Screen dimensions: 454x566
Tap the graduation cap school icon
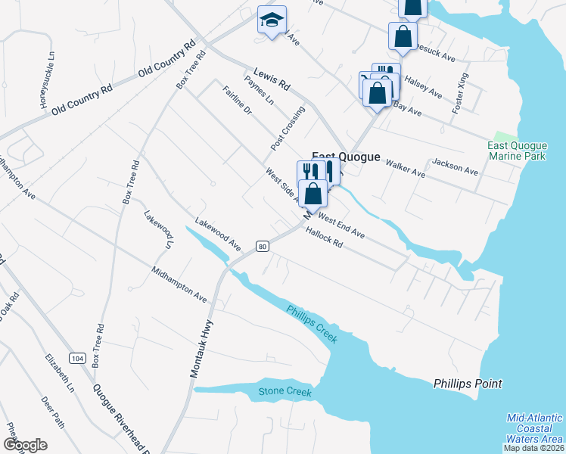coord(272,20)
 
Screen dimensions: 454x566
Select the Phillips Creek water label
coord(311,324)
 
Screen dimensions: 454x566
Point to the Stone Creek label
coord(285,391)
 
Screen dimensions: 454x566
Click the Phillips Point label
coord(468,384)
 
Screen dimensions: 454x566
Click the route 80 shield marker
coord(262,246)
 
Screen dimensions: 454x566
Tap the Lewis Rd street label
coord(272,81)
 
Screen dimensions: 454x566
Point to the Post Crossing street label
coord(288,127)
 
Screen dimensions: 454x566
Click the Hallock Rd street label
coord(325,239)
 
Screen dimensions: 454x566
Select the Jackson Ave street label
coord(455,166)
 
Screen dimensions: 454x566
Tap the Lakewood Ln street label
coord(158,229)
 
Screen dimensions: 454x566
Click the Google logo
coord(25,444)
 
